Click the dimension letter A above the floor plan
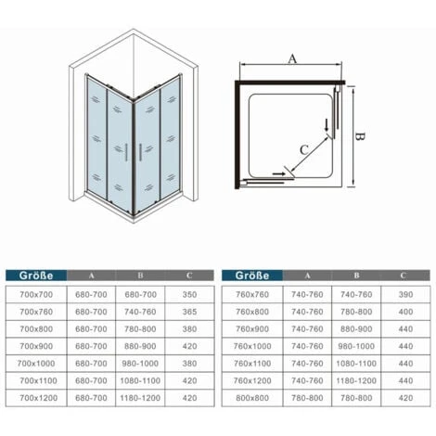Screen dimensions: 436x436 [292, 58]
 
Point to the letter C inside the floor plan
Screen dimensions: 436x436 [304, 149]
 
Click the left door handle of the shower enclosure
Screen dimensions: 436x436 [126, 152]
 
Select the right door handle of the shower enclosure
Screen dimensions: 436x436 [140, 152]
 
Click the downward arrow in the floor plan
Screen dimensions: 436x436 [327, 125]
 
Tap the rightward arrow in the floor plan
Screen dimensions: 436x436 [279, 174]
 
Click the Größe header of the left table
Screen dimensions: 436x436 [36, 276]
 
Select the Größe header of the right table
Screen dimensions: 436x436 [252, 276]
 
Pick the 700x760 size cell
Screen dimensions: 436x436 [36, 312]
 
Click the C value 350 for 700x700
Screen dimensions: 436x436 [189, 294]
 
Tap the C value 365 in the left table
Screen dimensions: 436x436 [189, 312]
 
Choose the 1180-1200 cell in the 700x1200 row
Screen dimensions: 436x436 [140, 398]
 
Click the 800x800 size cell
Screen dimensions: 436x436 [252, 398]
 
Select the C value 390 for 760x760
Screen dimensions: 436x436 [405, 294]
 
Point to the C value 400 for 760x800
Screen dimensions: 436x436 [405, 312]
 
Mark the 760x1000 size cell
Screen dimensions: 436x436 [252, 346]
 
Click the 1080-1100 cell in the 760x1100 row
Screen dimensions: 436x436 [356, 364]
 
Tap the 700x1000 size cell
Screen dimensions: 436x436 [36, 364]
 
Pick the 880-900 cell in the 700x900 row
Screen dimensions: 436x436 [140, 346]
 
